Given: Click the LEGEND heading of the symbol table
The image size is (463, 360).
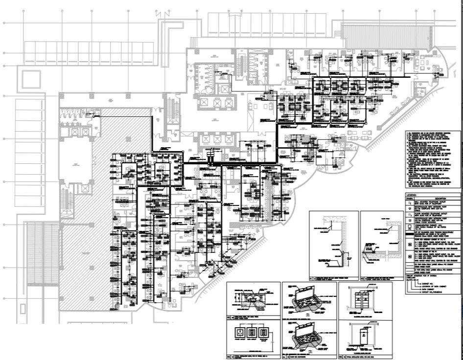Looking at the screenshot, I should coord(412,194).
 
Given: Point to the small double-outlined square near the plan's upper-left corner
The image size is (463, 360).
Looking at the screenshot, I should coord(31,78).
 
